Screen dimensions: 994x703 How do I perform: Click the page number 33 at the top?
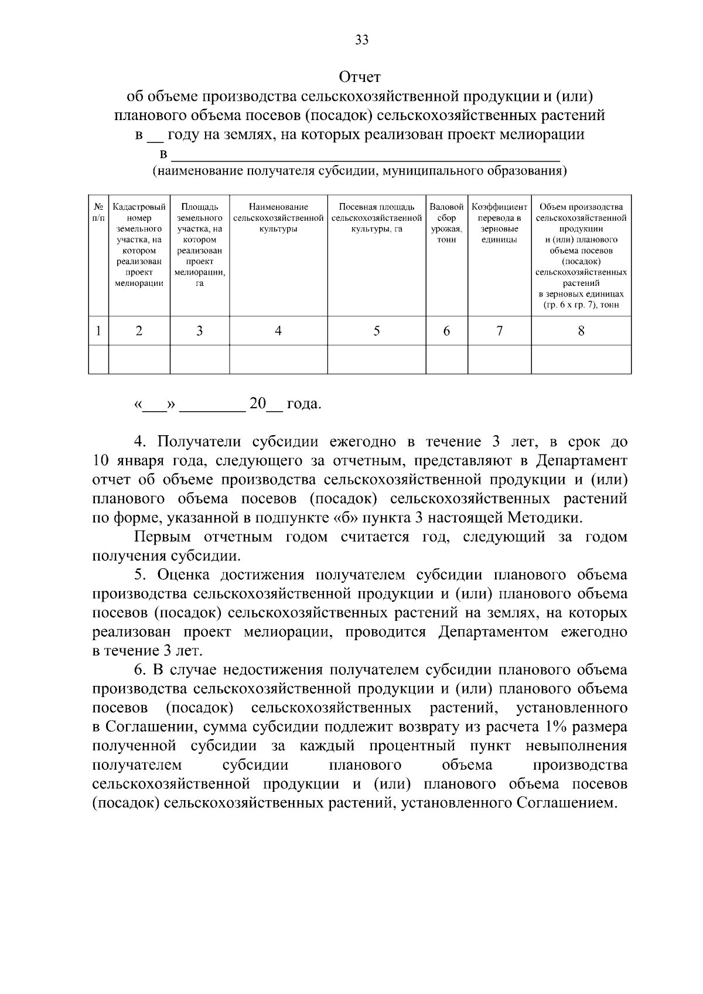pyautogui.click(x=361, y=40)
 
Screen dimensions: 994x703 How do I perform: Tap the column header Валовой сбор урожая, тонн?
pyautogui.click(x=446, y=223)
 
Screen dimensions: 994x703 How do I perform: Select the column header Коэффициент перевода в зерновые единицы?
pyautogui.click(x=499, y=223)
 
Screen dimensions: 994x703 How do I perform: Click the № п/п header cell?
pyautogui.click(x=98, y=212)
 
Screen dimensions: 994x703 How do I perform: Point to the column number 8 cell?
pyautogui.click(x=581, y=331)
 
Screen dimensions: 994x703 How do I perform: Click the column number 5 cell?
pyautogui.click(x=376, y=331)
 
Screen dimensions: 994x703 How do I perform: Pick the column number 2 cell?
pyautogui.click(x=139, y=331)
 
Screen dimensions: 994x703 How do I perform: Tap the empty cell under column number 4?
pyautogui.click(x=278, y=359)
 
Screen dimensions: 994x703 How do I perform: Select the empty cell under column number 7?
pyautogui.click(x=499, y=359)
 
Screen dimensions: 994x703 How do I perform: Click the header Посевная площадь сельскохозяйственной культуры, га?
pyautogui.click(x=376, y=218)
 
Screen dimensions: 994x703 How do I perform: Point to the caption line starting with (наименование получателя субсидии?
pyautogui.click(x=359, y=172)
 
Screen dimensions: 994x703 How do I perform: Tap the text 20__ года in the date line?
pyautogui.click(x=285, y=404)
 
